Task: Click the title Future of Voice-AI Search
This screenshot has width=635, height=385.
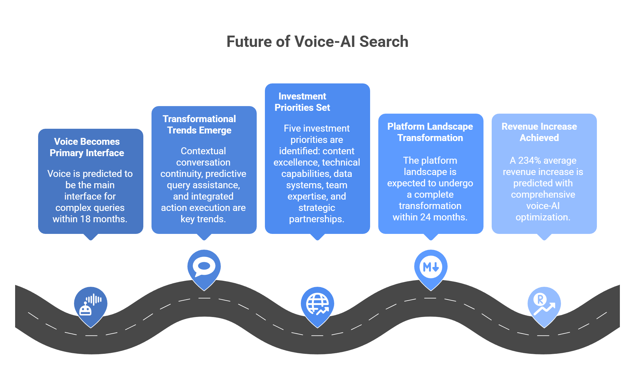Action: (317, 42)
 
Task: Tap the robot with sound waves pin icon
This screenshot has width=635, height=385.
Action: (91, 305)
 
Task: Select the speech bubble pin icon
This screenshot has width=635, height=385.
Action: (204, 267)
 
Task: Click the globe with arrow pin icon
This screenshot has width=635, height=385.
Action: (317, 304)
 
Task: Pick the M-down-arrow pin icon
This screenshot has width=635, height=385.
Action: (431, 267)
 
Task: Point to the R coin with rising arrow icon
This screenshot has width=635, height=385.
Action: (544, 304)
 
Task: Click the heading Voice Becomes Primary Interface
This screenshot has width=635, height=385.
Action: (87, 147)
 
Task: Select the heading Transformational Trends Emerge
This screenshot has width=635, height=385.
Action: (199, 125)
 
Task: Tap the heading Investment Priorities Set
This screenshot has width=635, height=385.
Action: (302, 102)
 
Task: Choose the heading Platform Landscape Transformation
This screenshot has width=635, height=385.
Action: (430, 132)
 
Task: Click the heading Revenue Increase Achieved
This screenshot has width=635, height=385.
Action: (539, 132)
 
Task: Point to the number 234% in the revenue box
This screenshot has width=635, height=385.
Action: (529, 161)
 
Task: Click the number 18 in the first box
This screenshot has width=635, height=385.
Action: (85, 219)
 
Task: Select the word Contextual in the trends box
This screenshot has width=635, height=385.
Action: (203, 151)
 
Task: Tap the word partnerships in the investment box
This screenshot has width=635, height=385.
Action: (317, 219)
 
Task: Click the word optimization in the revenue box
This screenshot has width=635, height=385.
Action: (543, 217)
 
